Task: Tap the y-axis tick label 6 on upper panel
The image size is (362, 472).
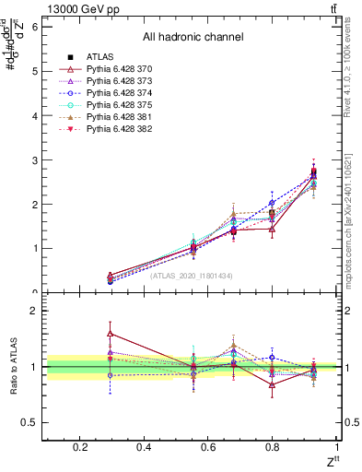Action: click(x=34, y=27)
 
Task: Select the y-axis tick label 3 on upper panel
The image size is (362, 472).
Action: click(x=34, y=160)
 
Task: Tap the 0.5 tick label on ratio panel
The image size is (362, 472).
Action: click(x=29, y=423)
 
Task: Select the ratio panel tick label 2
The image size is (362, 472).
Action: click(x=34, y=312)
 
